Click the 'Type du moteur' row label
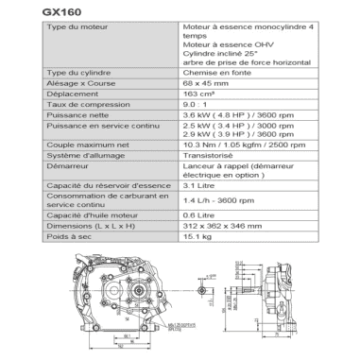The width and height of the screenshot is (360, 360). tap(73, 28)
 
